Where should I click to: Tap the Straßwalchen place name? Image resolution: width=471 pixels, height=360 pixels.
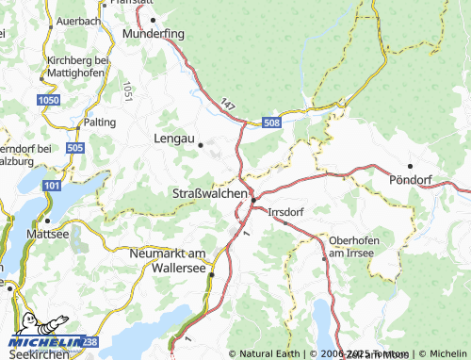pyautogui.click(x=209, y=193)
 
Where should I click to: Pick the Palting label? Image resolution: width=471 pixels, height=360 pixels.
pyautogui.click(x=101, y=123)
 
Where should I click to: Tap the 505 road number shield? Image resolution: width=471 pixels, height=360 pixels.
pyautogui.click(x=76, y=148)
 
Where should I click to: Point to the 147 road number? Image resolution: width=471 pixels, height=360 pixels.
pyautogui.click(x=227, y=106)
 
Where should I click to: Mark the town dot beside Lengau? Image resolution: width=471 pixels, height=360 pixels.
pyautogui.click(x=201, y=145)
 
